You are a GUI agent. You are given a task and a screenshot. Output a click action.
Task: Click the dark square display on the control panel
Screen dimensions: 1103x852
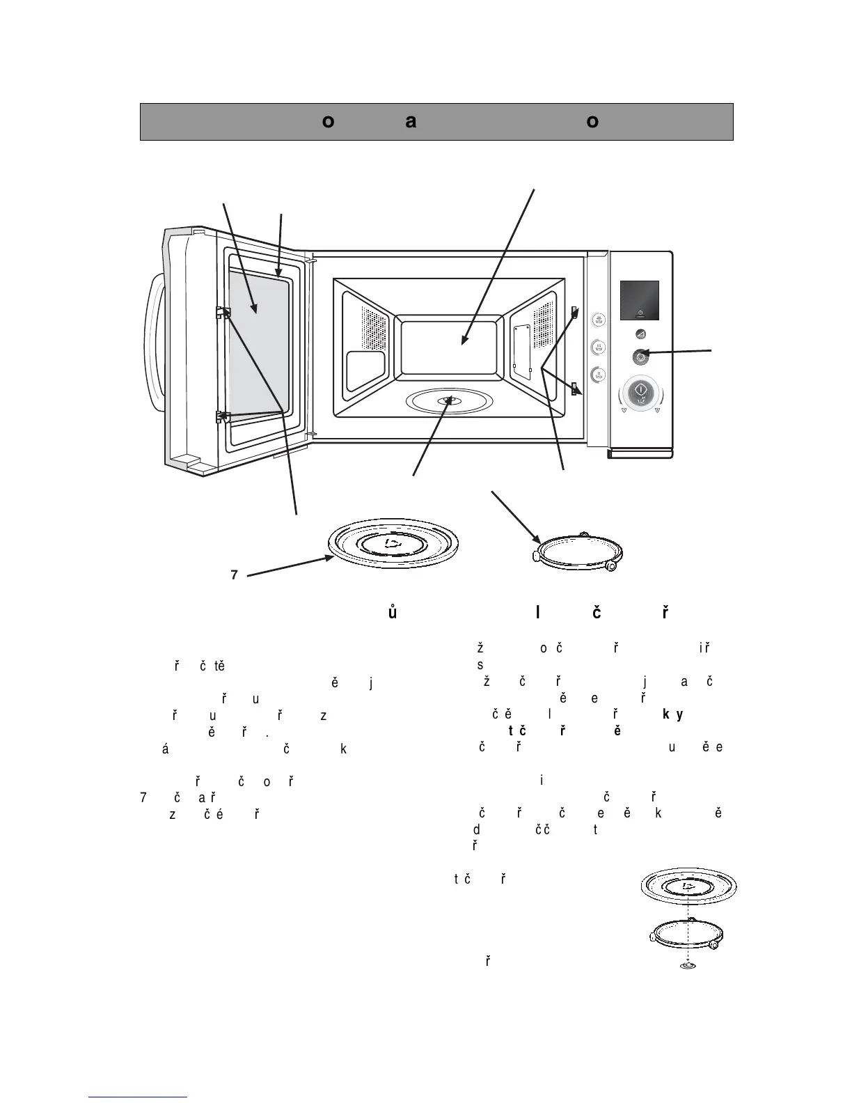pyautogui.click(x=639, y=301)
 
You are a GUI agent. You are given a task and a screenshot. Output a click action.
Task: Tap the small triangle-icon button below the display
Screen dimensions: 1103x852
pyautogui.click(x=640, y=334)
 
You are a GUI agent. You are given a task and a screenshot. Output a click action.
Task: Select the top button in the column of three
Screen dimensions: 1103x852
pyautogui.click(x=598, y=320)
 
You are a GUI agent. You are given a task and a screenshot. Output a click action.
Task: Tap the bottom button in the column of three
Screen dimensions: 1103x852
pyautogui.click(x=598, y=375)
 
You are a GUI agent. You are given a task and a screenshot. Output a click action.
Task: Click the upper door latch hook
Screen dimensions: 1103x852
pyautogui.click(x=223, y=312)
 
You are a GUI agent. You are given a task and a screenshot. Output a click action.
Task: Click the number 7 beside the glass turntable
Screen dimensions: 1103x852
pyautogui.click(x=235, y=575)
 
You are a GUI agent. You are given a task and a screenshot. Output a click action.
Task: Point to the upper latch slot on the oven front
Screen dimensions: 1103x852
pyautogui.click(x=575, y=311)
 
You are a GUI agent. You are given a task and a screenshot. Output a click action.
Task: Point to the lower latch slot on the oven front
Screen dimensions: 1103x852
pyautogui.click(x=575, y=389)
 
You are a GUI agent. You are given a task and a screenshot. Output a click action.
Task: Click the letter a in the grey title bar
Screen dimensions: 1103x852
pyautogui.click(x=411, y=122)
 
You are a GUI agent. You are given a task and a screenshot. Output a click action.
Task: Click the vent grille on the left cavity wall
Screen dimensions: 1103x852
pyautogui.click(x=373, y=327)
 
